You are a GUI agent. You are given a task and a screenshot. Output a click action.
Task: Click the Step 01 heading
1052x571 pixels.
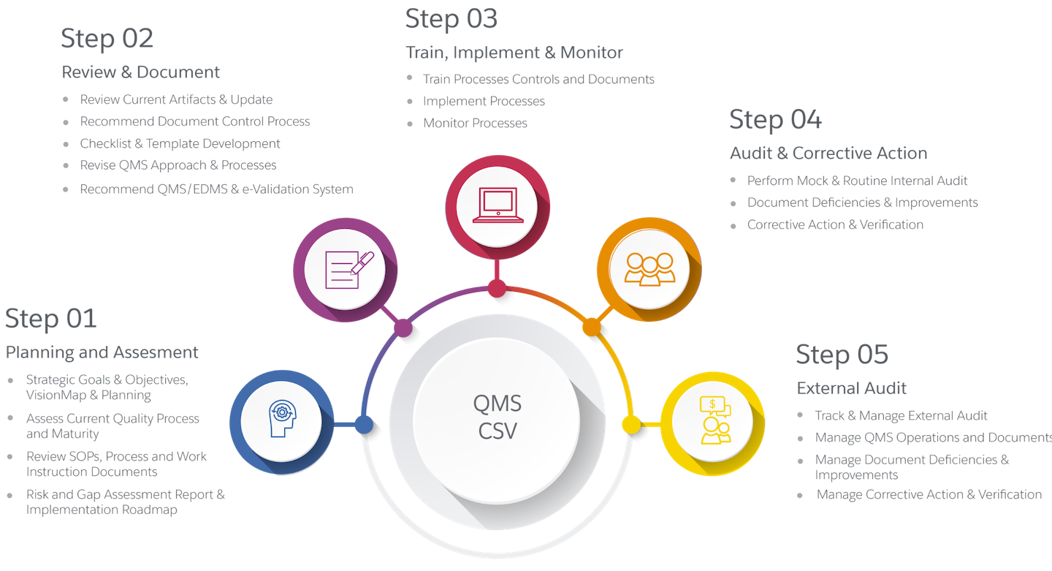click(x=50, y=319)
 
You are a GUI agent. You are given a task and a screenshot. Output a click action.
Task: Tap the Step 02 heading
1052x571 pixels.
click(x=107, y=39)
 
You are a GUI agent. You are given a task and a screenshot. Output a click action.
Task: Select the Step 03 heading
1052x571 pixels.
click(x=451, y=20)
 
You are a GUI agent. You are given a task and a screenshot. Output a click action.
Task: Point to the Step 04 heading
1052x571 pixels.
click(x=775, y=120)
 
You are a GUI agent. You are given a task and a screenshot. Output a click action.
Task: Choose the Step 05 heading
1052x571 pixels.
click(x=842, y=355)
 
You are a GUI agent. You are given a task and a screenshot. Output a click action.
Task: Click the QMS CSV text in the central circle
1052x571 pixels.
click(x=497, y=417)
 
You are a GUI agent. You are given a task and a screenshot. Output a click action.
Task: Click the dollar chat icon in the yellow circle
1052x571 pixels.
click(x=712, y=420)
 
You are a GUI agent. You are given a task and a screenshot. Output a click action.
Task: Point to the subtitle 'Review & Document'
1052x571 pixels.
click(x=141, y=72)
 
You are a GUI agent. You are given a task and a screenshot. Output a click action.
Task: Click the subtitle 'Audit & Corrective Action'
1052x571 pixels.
click(x=828, y=154)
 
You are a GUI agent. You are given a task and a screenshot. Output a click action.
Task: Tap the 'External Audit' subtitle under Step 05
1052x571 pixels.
click(x=851, y=387)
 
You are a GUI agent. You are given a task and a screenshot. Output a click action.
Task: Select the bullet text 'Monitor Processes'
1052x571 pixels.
click(x=475, y=124)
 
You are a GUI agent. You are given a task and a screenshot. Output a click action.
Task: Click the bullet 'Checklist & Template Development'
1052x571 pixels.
click(x=180, y=144)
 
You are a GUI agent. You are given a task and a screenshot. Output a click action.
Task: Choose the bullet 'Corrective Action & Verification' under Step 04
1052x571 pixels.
click(x=835, y=225)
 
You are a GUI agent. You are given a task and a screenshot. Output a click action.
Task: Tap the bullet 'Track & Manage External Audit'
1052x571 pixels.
click(x=901, y=416)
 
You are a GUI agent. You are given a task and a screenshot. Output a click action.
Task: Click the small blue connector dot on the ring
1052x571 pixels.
click(x=363, y=424)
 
